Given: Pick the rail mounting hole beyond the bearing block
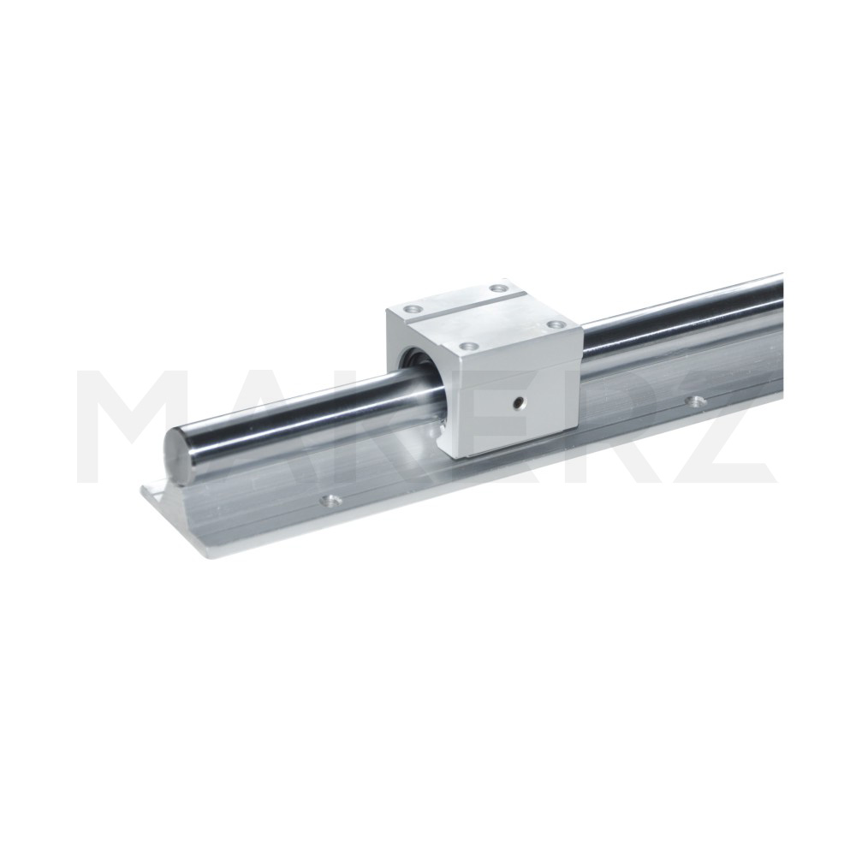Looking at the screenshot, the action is [x=693, y=401].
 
